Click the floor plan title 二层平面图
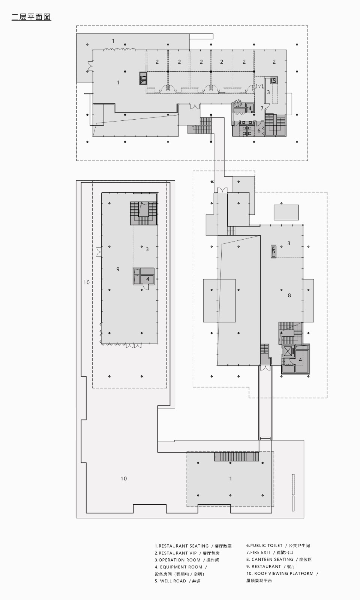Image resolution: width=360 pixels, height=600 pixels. (x=31, y=17)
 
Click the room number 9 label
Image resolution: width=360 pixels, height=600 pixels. (x=118, y=269)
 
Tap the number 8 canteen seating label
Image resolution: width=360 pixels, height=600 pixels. (x=289, y=295)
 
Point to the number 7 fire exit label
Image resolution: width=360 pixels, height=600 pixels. (x=262, y=108)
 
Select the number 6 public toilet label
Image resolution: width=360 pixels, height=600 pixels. (x=259, y=130)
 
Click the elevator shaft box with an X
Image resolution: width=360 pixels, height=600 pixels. (x=288, y=351)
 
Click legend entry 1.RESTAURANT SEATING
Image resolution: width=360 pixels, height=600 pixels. (x=182, y=546)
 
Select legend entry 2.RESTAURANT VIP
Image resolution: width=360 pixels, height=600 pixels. (x=176, y=553)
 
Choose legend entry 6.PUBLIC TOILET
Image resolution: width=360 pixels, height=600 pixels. (x=264, y=546)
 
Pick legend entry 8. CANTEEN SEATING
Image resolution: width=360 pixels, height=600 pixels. (x=270, y=559)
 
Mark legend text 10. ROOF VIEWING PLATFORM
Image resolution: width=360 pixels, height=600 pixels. (x=280, y=573)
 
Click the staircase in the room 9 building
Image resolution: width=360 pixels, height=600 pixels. (x=143, y=213)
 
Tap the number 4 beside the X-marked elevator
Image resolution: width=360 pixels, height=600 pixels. (x=300, y=360)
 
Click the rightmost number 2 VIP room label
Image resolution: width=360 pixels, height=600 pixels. (x=274, y=62)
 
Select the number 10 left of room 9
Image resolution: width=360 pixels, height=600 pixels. (x=87, y=282)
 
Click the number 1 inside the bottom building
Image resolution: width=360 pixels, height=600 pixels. (x=230, y=478)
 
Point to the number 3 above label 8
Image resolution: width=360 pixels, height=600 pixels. (x=289, y=243)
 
